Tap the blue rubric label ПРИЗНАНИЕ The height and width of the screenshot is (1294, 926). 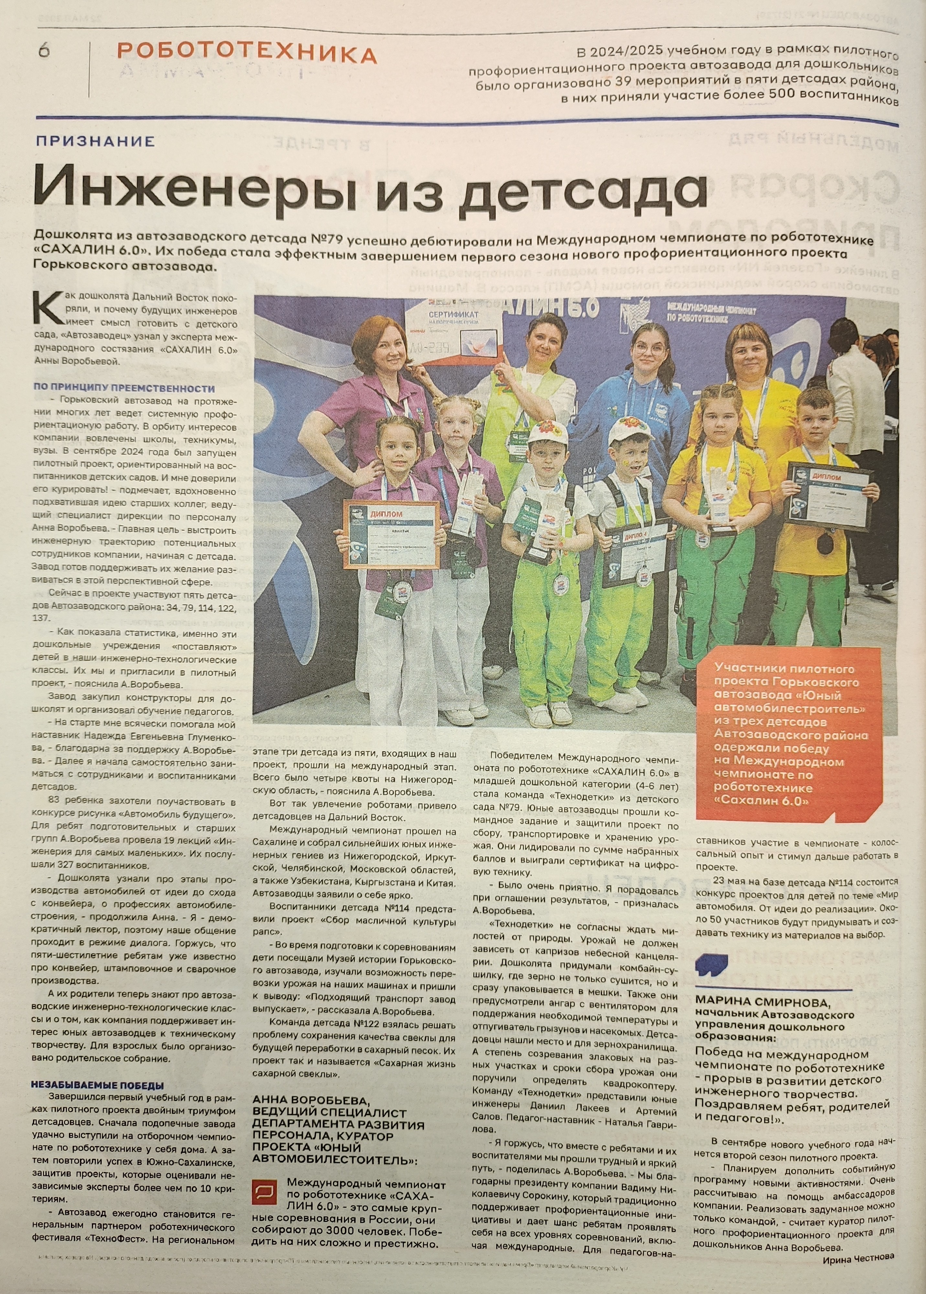pos(95,141)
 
